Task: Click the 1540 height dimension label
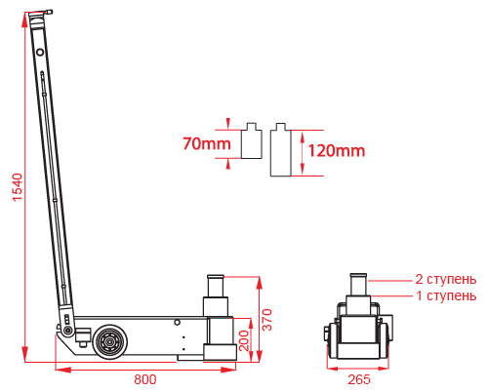[x=18, y=187]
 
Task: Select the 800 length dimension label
[x=145, y=379]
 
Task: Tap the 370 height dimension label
[x=267, y=320]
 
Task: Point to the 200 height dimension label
[x=244, y=340]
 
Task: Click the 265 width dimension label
[x=359, y=379]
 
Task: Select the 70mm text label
[x=207, y=143]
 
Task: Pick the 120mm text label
[x=337, y=151]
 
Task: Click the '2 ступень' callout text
[x=446, y=279]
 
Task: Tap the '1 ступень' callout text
[x=446, y=295]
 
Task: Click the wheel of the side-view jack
[x=109, y=341]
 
